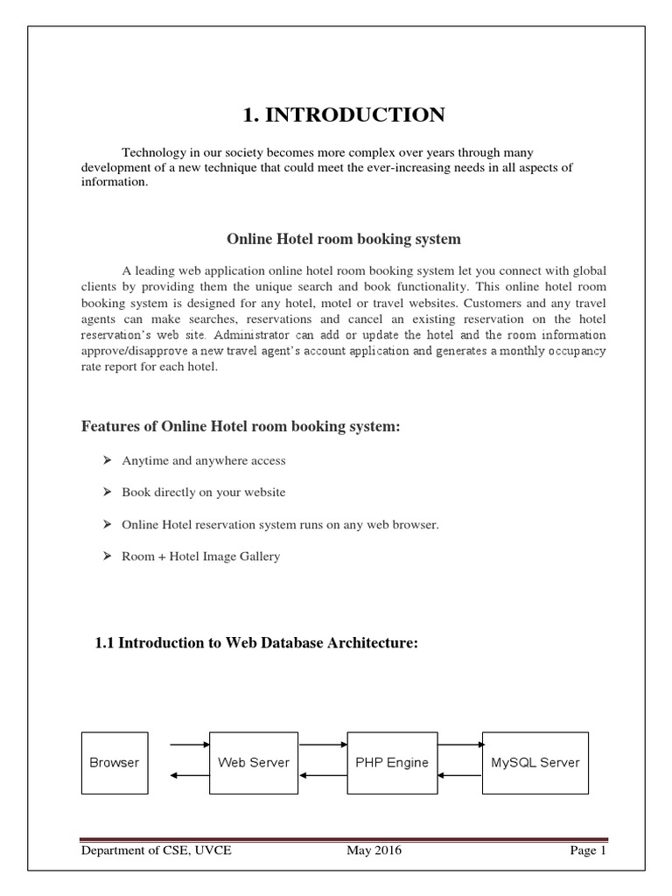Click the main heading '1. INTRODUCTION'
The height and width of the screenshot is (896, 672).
pyautogui.click(x=344, y=114)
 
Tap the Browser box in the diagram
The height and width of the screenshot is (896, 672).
pyautogui.click(x=115, y=762)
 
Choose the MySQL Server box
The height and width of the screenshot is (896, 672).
pyautogui.click(x=535, y=762)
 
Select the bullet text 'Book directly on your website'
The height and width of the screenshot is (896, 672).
pyautogui.click(x=204, y=493)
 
